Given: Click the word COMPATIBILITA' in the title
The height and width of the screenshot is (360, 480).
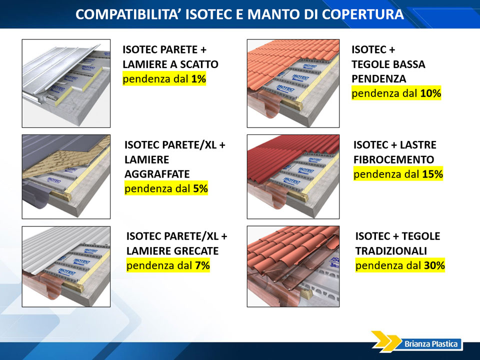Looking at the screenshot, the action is pyautogui.click(x=127, y=14).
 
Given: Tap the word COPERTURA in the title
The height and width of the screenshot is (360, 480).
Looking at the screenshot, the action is pyautogui.click(x=363, y=14).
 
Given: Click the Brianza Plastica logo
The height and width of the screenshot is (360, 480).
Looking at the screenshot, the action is pyautogui.click(x=417, y=341).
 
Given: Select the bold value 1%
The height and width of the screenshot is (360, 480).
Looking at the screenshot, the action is pyautogui.click(x=198, y=79).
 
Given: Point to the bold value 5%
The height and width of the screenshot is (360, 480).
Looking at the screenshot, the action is pyautogui.click(x=200, y=188).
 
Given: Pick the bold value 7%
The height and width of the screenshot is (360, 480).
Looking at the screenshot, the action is pyautogui.click(x=202, y=265).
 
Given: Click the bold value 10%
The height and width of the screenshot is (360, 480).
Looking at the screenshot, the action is pyautogui.click(x=430, y=93).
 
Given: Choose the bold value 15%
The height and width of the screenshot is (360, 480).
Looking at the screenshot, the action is pyautogui.click(x=432, y=174).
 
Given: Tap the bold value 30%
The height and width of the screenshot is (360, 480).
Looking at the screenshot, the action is pyautogui.click(x=434, y=265).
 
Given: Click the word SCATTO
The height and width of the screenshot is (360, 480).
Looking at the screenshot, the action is pyautogui.click(x=199, y=64).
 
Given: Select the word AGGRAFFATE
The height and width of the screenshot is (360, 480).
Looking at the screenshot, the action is pyautogui.click(x=157, y=174).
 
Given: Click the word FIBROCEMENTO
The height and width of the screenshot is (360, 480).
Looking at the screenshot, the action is pyautogui.click(x=393, y=159).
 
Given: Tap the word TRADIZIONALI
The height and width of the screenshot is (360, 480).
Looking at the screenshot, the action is pyautogui.click(x=391, y=251).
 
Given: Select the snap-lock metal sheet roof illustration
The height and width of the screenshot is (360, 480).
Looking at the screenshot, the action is pyautogui.click(x=66, y=83).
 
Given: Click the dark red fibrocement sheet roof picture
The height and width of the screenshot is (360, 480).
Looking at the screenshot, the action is pyautogui.click(x=293, y=176).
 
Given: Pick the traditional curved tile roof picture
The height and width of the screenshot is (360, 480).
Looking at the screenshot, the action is pyautogui.click(x=293, y=266).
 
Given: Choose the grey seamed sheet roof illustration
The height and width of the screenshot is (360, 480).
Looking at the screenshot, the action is pyautogui.click(x=66, y=176).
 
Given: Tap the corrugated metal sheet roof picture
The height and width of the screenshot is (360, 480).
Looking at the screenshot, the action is pyautogui.click(x=66, y=266).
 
